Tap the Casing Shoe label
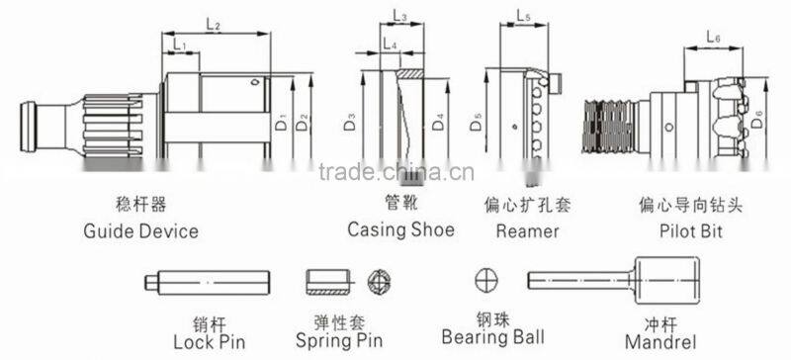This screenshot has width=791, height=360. pos(400,229)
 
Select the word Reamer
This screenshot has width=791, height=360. pos(528,231)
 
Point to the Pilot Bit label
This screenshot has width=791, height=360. pos(690,231)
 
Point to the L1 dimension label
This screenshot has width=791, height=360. pos(179,45)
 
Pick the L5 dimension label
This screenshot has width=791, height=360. pos(524,16)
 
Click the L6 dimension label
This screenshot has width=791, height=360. pos(715,37)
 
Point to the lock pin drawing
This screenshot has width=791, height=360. pos(209,283)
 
